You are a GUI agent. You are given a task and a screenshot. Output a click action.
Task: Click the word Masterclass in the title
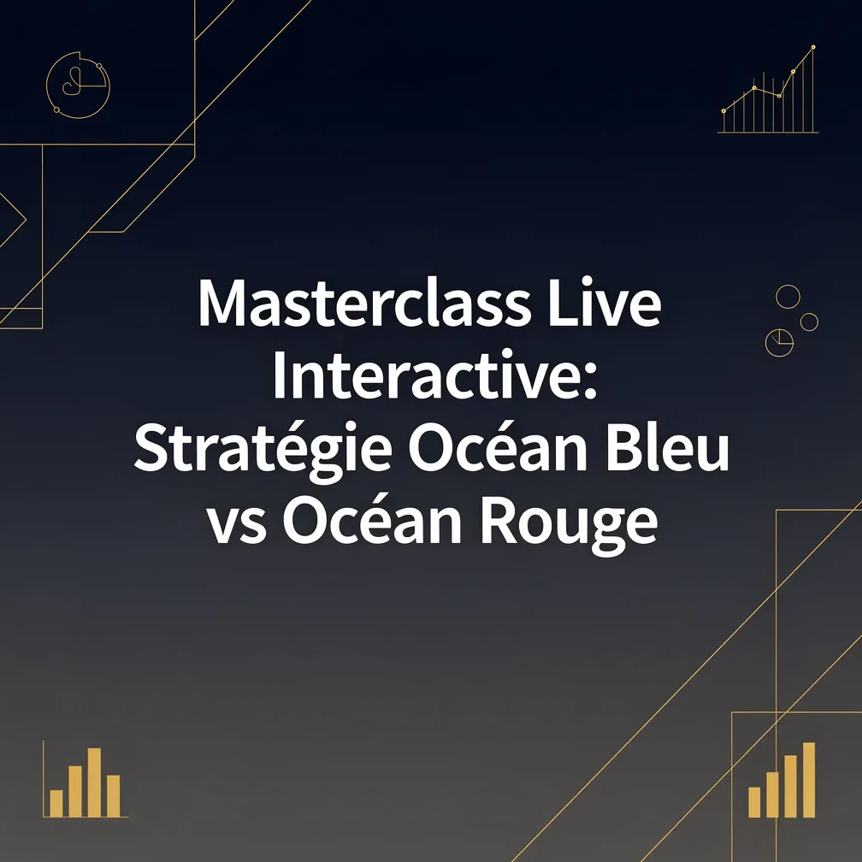click(364, 304)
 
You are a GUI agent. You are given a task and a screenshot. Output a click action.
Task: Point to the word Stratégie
click(263, 449)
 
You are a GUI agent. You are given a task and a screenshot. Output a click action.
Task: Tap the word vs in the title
click(237, 527)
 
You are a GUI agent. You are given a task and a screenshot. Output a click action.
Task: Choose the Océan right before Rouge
click(373, 520)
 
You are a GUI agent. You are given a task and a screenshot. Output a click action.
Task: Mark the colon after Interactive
click(590, 382)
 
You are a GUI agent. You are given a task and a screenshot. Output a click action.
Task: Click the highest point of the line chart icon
click(813, 47)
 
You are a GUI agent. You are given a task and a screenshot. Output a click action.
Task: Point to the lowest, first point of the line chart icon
click(723, 111)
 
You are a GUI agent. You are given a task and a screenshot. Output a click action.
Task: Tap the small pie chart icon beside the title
click(779, 342)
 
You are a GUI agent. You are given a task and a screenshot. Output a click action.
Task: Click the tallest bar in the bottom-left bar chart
click(94, 782)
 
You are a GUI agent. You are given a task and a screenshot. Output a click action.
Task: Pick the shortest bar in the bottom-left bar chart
click(56, 803)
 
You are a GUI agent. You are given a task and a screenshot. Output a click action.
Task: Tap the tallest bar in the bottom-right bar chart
click(809, 780)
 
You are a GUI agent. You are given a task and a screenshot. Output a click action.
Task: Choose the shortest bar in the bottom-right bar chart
click(754, 802)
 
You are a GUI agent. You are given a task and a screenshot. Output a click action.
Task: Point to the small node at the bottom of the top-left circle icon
click(56, 110)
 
